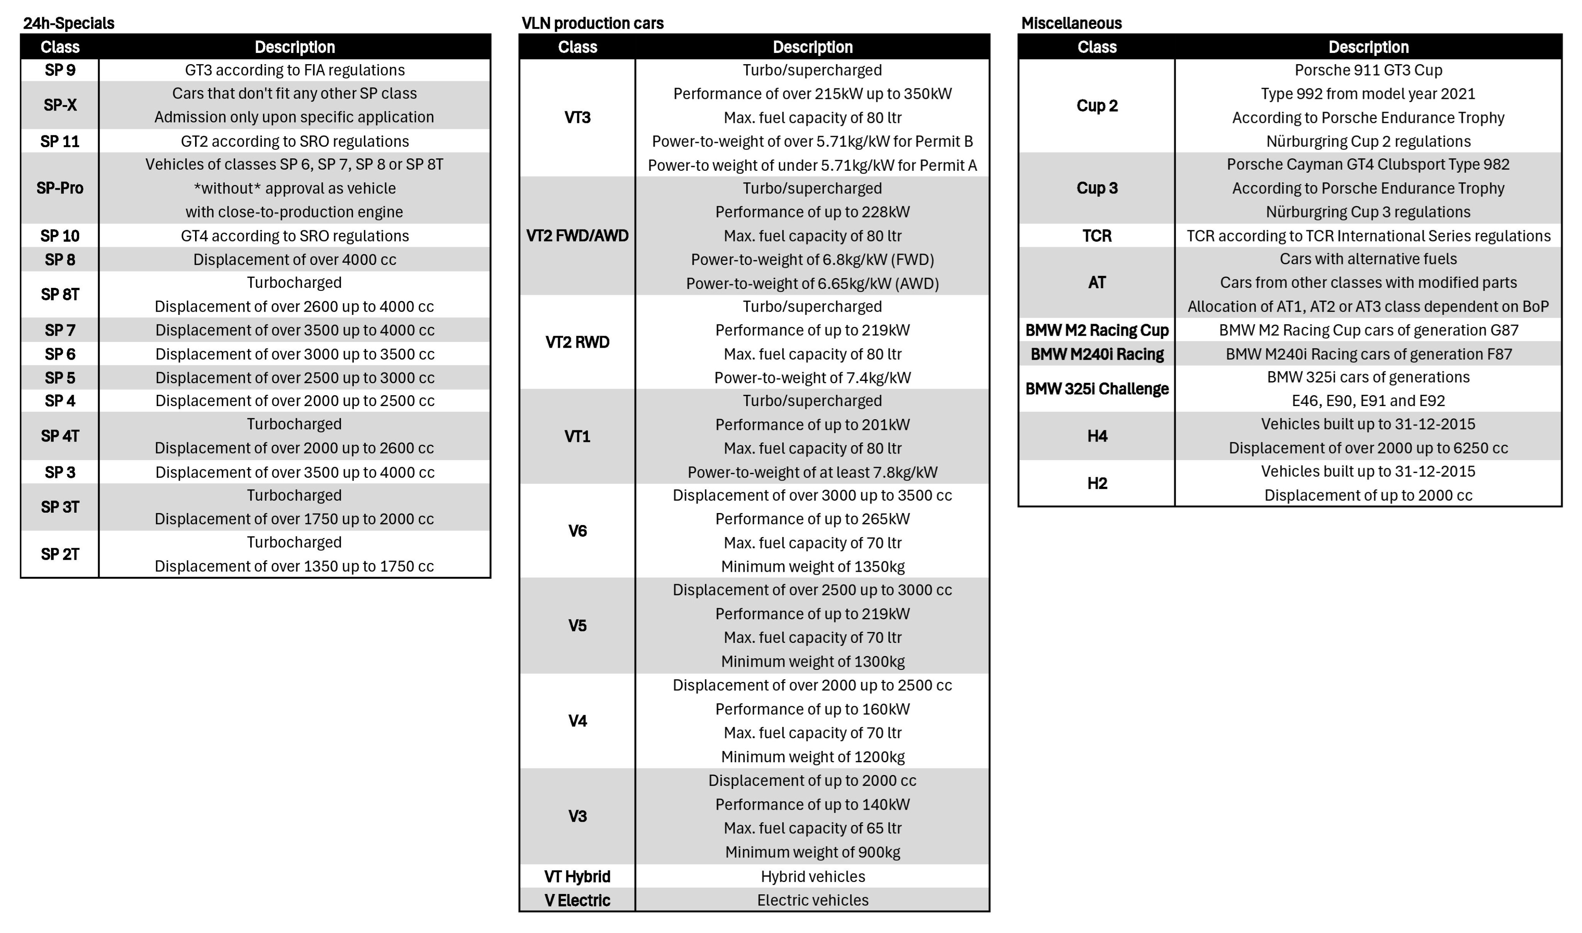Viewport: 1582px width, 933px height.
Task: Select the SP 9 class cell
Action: point(60,70)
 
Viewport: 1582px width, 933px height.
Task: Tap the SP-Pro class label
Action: point(60,188)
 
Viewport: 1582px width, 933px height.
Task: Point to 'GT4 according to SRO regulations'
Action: point(295,236)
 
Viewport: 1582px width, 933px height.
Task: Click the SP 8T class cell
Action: point(60,294)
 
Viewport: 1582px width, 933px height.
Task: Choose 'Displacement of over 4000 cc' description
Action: point(295,260)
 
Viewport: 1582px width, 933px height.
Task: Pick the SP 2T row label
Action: point(60,554)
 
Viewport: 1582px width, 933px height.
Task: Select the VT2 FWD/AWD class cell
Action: point(577,236)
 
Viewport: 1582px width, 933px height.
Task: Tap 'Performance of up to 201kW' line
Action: point(812,424)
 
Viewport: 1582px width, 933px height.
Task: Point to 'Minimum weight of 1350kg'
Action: point(812,566)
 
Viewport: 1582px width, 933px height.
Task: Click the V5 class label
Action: point(577,625)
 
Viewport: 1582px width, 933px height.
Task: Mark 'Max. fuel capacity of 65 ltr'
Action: point(812,828)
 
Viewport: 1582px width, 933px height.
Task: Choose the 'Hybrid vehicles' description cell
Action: point(812,877)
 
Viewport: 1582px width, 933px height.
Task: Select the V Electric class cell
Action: point(577,900)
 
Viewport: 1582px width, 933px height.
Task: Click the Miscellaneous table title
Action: point(1071,23)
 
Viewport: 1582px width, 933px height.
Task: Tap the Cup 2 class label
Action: point(1097,105)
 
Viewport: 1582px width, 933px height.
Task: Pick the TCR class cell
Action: point(1097,236)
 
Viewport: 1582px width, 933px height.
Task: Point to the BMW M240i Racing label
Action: point(1097,354)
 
